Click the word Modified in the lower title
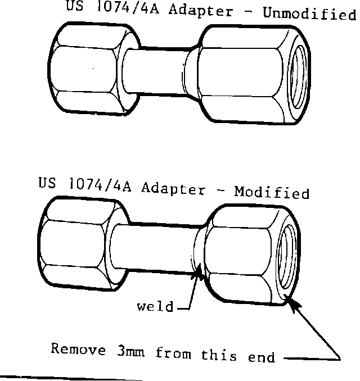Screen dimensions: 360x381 click(272, 193)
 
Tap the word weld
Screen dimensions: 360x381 click(155, 307)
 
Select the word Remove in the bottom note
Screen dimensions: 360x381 click(78, 350)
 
